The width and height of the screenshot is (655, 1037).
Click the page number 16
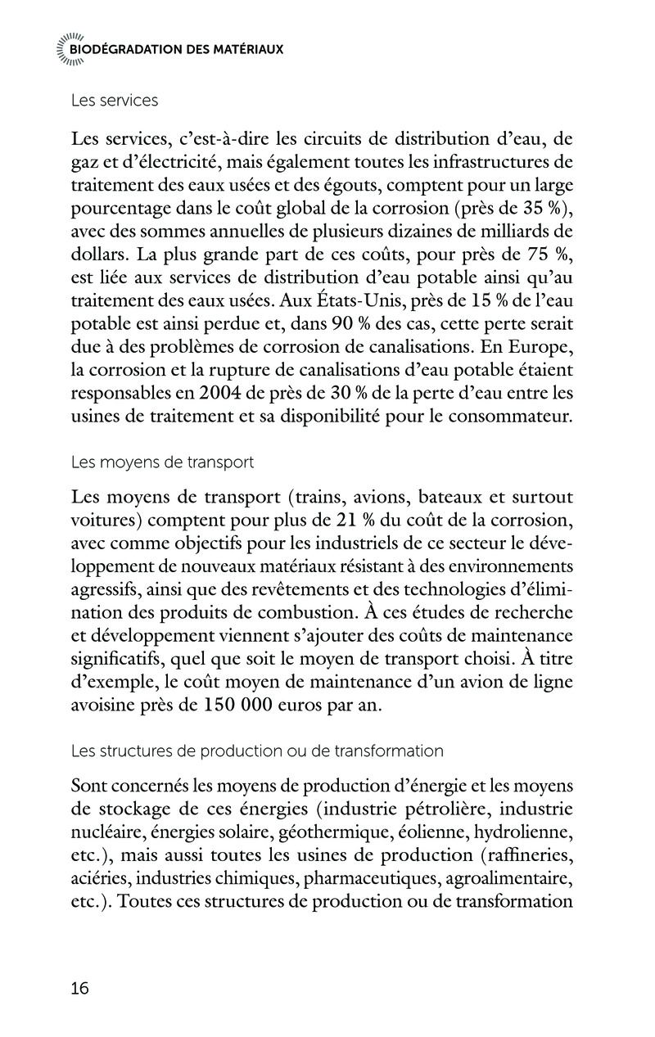tap(80, 988)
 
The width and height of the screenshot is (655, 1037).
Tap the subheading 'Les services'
tap(115, 101)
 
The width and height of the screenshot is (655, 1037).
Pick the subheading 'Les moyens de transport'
tap(162, 462)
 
